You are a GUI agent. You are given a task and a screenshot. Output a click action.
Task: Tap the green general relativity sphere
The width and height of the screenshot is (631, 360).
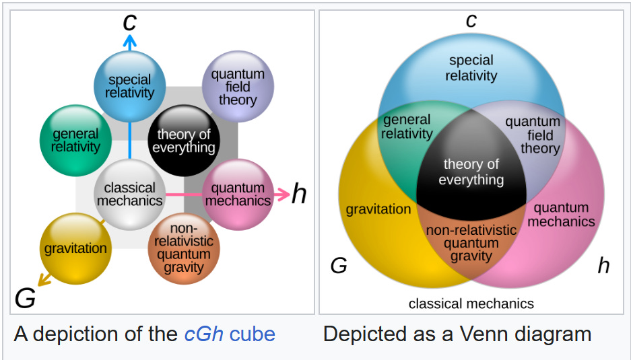[75, 140]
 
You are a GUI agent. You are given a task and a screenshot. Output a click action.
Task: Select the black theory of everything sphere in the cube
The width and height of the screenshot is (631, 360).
[183, 140]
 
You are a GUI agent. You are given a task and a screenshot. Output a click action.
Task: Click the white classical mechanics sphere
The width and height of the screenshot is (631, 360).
[129, 194]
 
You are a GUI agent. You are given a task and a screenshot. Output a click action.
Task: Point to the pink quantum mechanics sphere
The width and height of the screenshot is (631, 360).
[238, 194]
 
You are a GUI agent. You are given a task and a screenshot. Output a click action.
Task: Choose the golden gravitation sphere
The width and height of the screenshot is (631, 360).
[75, 248]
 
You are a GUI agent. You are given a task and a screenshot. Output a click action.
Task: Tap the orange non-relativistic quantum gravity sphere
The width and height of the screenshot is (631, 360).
[183, 249]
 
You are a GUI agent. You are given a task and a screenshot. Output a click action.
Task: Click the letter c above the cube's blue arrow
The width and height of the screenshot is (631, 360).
[130, 22]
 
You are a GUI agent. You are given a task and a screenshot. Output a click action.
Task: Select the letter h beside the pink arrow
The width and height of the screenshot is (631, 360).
[298, 194]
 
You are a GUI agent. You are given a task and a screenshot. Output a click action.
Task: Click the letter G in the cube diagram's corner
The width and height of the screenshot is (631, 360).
[25, 297]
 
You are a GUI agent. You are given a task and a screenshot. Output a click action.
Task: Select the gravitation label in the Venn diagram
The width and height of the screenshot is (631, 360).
[378, 209]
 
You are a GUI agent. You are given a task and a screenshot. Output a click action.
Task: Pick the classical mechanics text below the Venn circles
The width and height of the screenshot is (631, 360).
[471, 303]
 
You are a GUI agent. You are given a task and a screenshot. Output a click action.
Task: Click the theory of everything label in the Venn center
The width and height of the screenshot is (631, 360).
[471, 172]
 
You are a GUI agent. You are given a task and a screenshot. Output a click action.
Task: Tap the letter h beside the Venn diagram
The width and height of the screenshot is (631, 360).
[603, 266]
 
